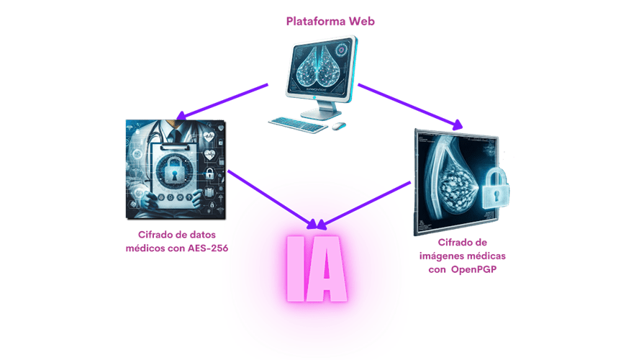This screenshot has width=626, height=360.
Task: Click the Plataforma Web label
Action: [330, 21]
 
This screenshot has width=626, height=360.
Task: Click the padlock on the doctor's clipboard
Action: [173, 171]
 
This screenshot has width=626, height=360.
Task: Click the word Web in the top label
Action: [362, 21]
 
